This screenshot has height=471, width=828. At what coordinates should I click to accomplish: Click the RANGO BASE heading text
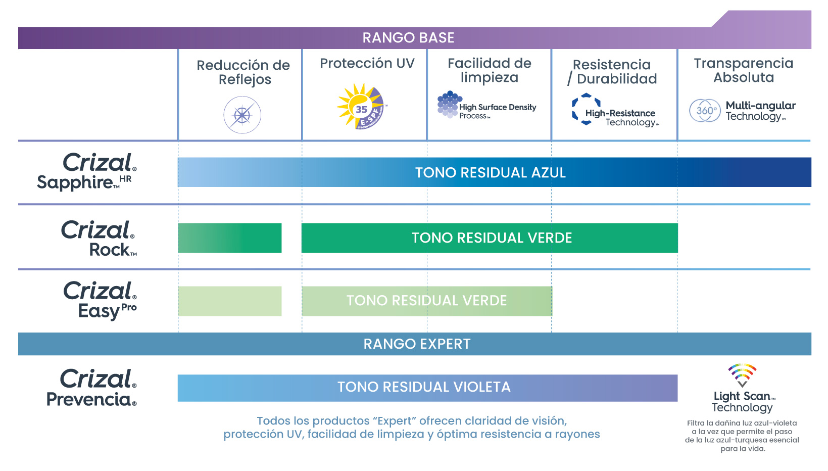coord(408,38)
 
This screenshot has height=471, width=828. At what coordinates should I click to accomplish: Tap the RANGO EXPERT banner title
coord(417,344)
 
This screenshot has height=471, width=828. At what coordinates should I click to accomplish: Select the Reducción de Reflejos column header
coord(243,72)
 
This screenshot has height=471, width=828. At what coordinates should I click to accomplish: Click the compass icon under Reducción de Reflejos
coord(242,115)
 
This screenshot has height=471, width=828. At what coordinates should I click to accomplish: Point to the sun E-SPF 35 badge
coord(362,107)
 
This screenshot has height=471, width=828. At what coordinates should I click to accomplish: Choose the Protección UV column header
coord(367,64)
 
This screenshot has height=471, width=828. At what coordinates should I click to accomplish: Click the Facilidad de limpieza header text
coord(490,70)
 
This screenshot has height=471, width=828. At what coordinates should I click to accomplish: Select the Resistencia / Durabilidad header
coord(612,72)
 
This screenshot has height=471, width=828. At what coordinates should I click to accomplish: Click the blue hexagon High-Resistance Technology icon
coord(586,109)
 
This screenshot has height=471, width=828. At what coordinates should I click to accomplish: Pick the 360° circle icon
coord(705,111)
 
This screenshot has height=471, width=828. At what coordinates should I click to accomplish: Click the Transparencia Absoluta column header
coord(744,70)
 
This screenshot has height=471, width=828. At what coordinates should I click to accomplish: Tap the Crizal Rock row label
coord(99,238)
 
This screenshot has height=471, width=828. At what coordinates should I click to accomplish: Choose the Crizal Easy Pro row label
coord(100,300)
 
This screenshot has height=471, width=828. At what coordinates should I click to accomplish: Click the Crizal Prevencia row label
coord(92,388)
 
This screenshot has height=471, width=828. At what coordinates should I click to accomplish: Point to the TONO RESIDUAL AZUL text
coord(490,173)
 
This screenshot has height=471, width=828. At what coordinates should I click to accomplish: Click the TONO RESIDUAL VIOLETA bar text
coord(424,387)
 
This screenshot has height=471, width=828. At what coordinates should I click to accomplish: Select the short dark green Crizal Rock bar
coord(230,238)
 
